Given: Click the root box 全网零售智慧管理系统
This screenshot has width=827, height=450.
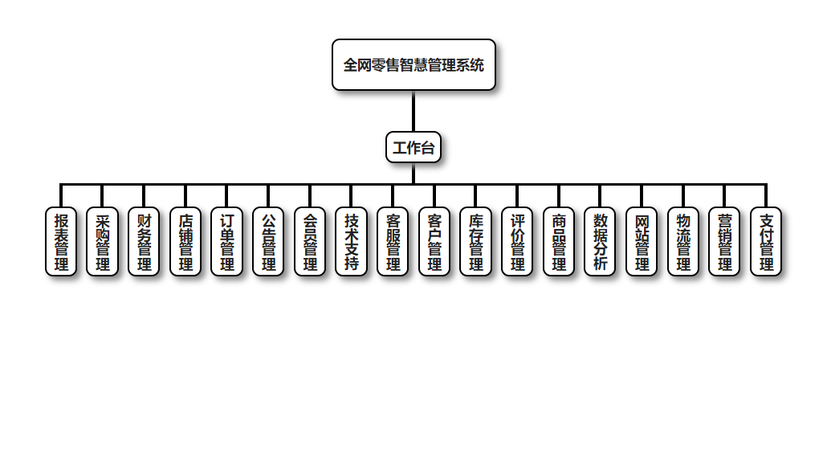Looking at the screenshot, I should (x=413, y=65).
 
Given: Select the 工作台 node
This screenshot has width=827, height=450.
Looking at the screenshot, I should (x=413, y=147).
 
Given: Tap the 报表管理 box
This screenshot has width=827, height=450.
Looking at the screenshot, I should (x=61, y=241).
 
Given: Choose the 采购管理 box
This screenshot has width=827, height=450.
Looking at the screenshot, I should (x=103, y=241).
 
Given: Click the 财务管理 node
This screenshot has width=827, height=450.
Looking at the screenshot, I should (x=145, y=241).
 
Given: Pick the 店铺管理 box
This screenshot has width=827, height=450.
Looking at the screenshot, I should (x=185, y=241).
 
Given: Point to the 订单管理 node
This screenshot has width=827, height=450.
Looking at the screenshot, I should (x=227, y=241).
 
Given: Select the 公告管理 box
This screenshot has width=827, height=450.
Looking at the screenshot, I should (x=268, y=241).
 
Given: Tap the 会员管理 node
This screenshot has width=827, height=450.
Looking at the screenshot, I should (x=310, y=241).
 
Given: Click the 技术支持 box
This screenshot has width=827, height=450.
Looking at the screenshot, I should (x=352, y=241).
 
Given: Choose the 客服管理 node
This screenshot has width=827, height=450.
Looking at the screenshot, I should (x=393, y=241).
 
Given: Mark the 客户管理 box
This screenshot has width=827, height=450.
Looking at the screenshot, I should (x=434, y=241).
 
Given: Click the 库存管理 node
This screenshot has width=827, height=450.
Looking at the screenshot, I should (x=476, y=241).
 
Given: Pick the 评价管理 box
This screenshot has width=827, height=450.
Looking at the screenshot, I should (x=517, y=241).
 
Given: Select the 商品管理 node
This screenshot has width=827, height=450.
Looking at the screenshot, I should (x=559, y=241).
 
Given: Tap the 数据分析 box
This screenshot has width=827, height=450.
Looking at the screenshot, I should (x=600, y=241).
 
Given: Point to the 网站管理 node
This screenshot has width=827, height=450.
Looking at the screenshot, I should (x=642, y=241).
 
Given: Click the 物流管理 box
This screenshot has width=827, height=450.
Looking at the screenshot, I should (x=683, y=241).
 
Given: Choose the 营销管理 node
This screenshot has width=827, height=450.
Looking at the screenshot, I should (x=724, y=241).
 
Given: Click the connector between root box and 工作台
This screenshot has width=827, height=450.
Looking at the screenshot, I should (x=413, y=111).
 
